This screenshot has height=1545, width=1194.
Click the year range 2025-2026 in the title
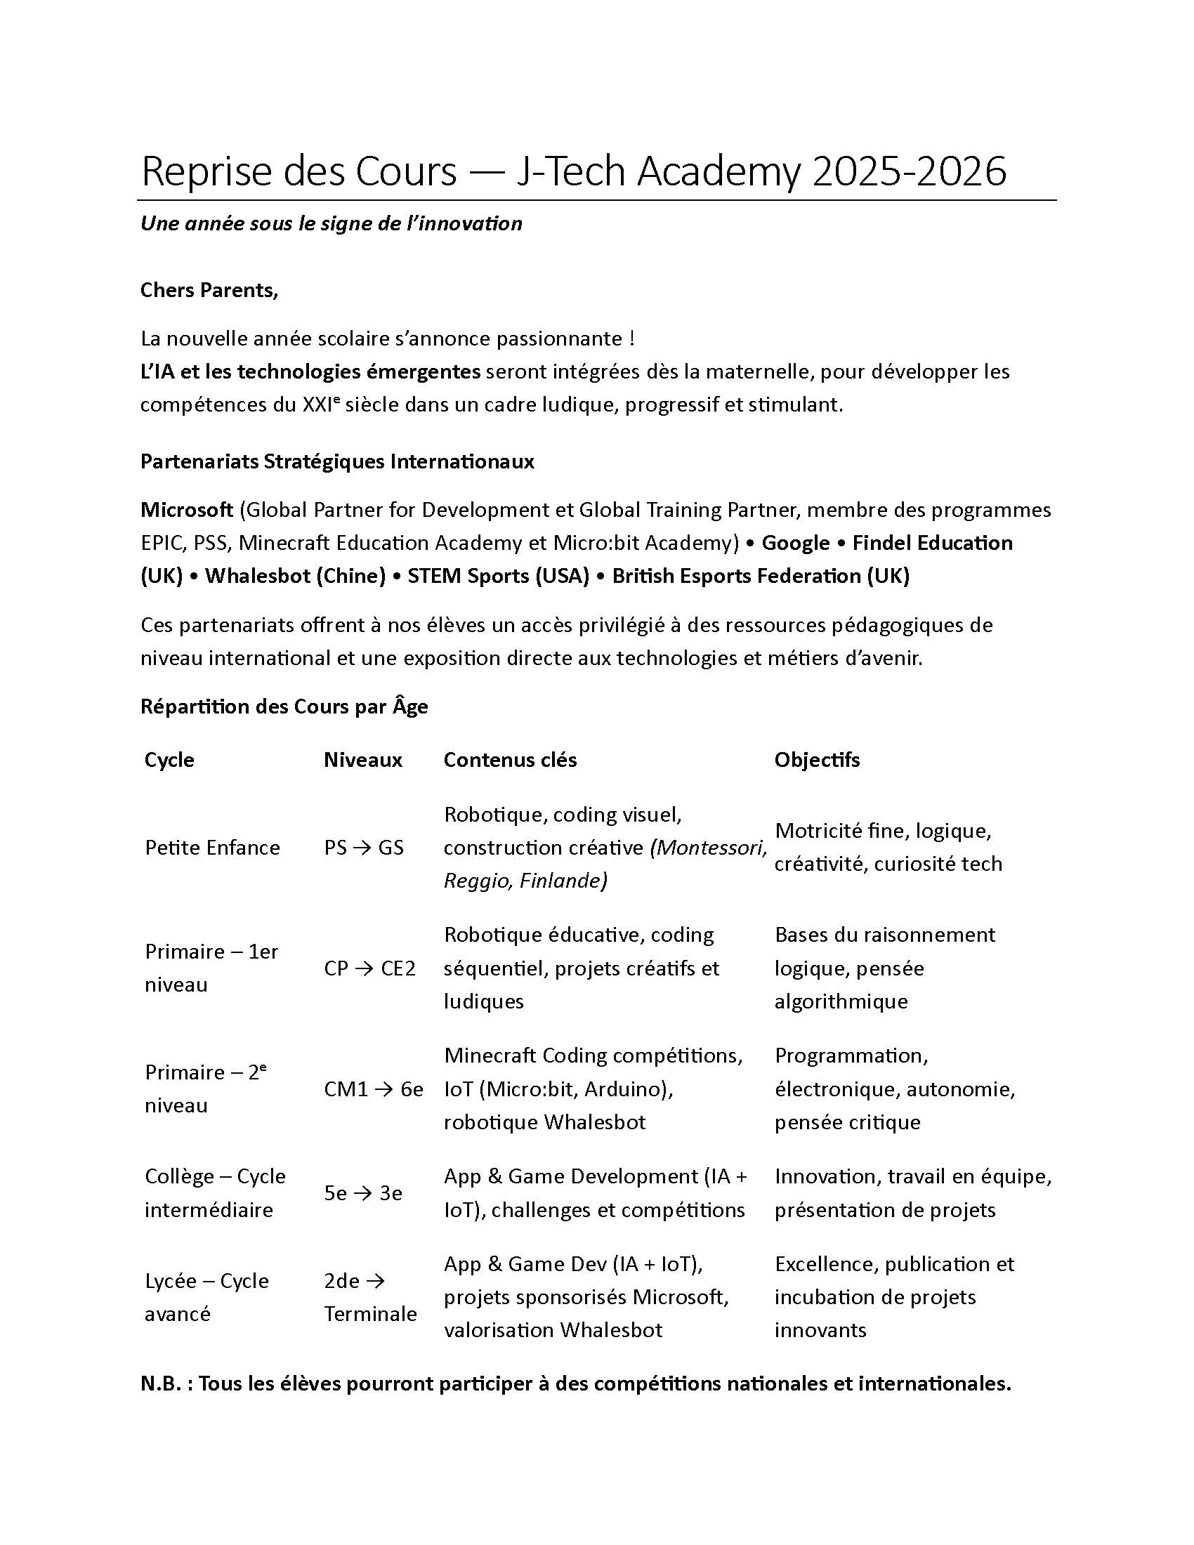pos(909,171)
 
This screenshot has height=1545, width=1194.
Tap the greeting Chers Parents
pos(209,290)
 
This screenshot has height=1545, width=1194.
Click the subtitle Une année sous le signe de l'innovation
pos(331,223)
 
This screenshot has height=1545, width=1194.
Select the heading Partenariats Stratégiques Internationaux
pos(336,461)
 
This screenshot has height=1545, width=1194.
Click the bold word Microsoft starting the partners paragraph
pos(187,509)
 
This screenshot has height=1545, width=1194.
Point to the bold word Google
pos(795,543)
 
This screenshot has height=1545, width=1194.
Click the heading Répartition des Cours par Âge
pos(284,706)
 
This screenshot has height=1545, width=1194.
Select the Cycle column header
pos(169,760)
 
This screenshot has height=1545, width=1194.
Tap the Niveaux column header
pos(363,760)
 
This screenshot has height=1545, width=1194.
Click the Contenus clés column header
pos(510,760)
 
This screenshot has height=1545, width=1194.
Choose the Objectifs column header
pos(817,760)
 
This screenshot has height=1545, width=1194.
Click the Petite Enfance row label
pos(212,848)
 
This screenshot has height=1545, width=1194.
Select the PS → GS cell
pos(364,848)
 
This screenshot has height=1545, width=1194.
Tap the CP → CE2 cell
pos(370,968)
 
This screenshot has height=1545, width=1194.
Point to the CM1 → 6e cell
pos(374,1089)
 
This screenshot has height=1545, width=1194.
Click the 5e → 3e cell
pos(363,1193)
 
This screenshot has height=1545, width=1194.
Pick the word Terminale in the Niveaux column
pos(371,1314)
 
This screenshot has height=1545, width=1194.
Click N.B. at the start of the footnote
pos(162,1383)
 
